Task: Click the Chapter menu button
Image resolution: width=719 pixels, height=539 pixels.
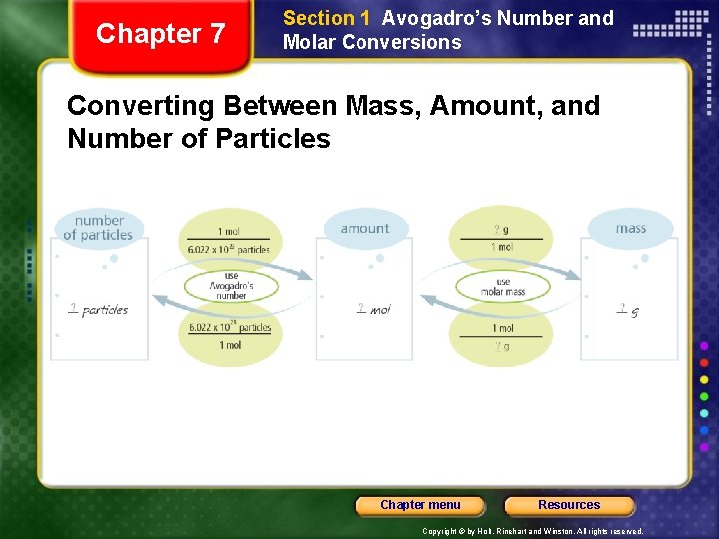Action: (x=420, y=505)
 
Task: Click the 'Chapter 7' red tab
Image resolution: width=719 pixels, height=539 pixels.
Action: (x=160, y=34)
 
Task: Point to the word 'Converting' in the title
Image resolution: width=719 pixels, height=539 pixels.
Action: (x=140, y=105)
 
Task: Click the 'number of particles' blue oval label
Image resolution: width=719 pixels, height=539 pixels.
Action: (x=98, y=228)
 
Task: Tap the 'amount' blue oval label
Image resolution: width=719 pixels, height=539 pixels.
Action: (x=364, y=229)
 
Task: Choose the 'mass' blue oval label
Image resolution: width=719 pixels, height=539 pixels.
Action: (x=630, y=229)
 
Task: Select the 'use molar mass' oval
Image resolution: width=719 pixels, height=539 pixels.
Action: (x=503, y=288)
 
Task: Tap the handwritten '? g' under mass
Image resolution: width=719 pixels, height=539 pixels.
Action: (x=628, y=310)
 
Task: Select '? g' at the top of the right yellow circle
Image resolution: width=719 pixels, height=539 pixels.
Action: (x=502, y=230)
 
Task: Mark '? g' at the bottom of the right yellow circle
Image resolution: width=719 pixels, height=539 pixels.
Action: (x=502, y=346)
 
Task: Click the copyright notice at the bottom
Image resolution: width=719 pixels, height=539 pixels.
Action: (x=532, y=531)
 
